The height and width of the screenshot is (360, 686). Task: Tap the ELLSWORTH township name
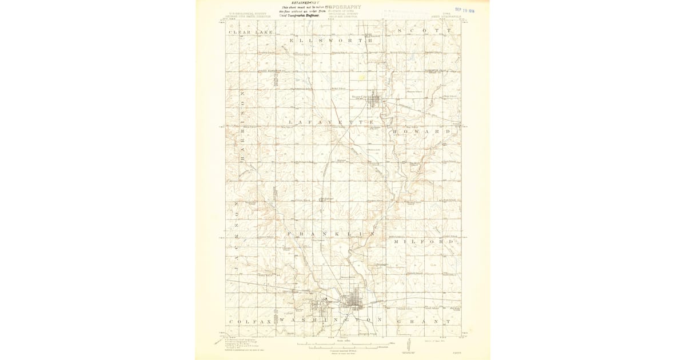click(332, 41)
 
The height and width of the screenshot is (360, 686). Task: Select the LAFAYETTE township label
click(332, 122)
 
